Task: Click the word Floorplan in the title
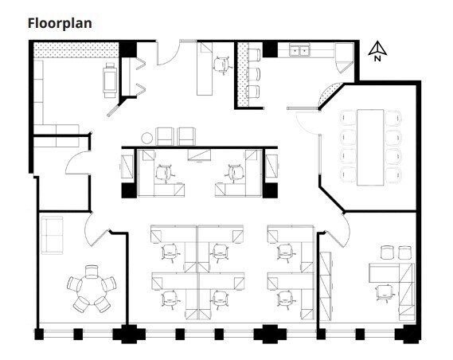click(x=60, y=23)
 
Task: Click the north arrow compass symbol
click(x=378, y=49)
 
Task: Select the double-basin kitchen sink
click(x=299, y=51)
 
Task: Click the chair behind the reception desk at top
click(x=221, y=65)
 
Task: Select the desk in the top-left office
click(x=109, y=79)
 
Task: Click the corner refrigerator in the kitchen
click(x=345, y=54)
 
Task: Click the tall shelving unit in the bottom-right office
click(x=326, y=280)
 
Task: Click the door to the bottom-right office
click(x=338, y=232)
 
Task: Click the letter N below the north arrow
click(x=378, y=57)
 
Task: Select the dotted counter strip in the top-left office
click(x=77, y=49)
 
